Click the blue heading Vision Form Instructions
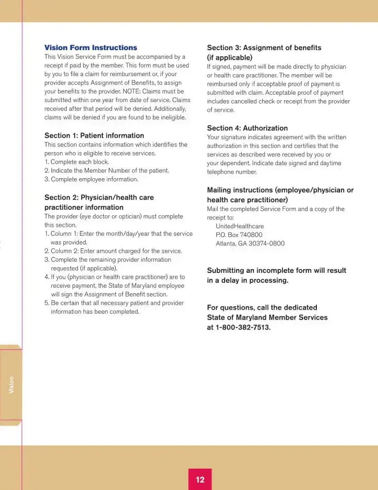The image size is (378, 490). (x=91, y=48)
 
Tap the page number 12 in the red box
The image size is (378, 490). (x=200, y=480)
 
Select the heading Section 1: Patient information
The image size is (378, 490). (x=94, y=135)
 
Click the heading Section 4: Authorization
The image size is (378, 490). (x=247, y=128)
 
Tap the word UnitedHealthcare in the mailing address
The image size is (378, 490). (x=240, y=226)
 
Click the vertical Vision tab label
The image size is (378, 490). (x=11, y=385)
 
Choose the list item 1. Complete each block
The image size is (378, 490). (x=77, y=162)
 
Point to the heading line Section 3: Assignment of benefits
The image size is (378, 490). (x=264, y=48)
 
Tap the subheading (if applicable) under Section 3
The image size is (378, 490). (x=229, y=58)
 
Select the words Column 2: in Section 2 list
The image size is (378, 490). (x=65, y=251)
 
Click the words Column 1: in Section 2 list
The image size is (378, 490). (x=64, y=234)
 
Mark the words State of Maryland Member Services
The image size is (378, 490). (x=267, y=317)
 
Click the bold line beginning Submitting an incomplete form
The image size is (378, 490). (x=277, y=271)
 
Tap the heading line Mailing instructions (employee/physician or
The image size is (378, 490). (x=280, y=190)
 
